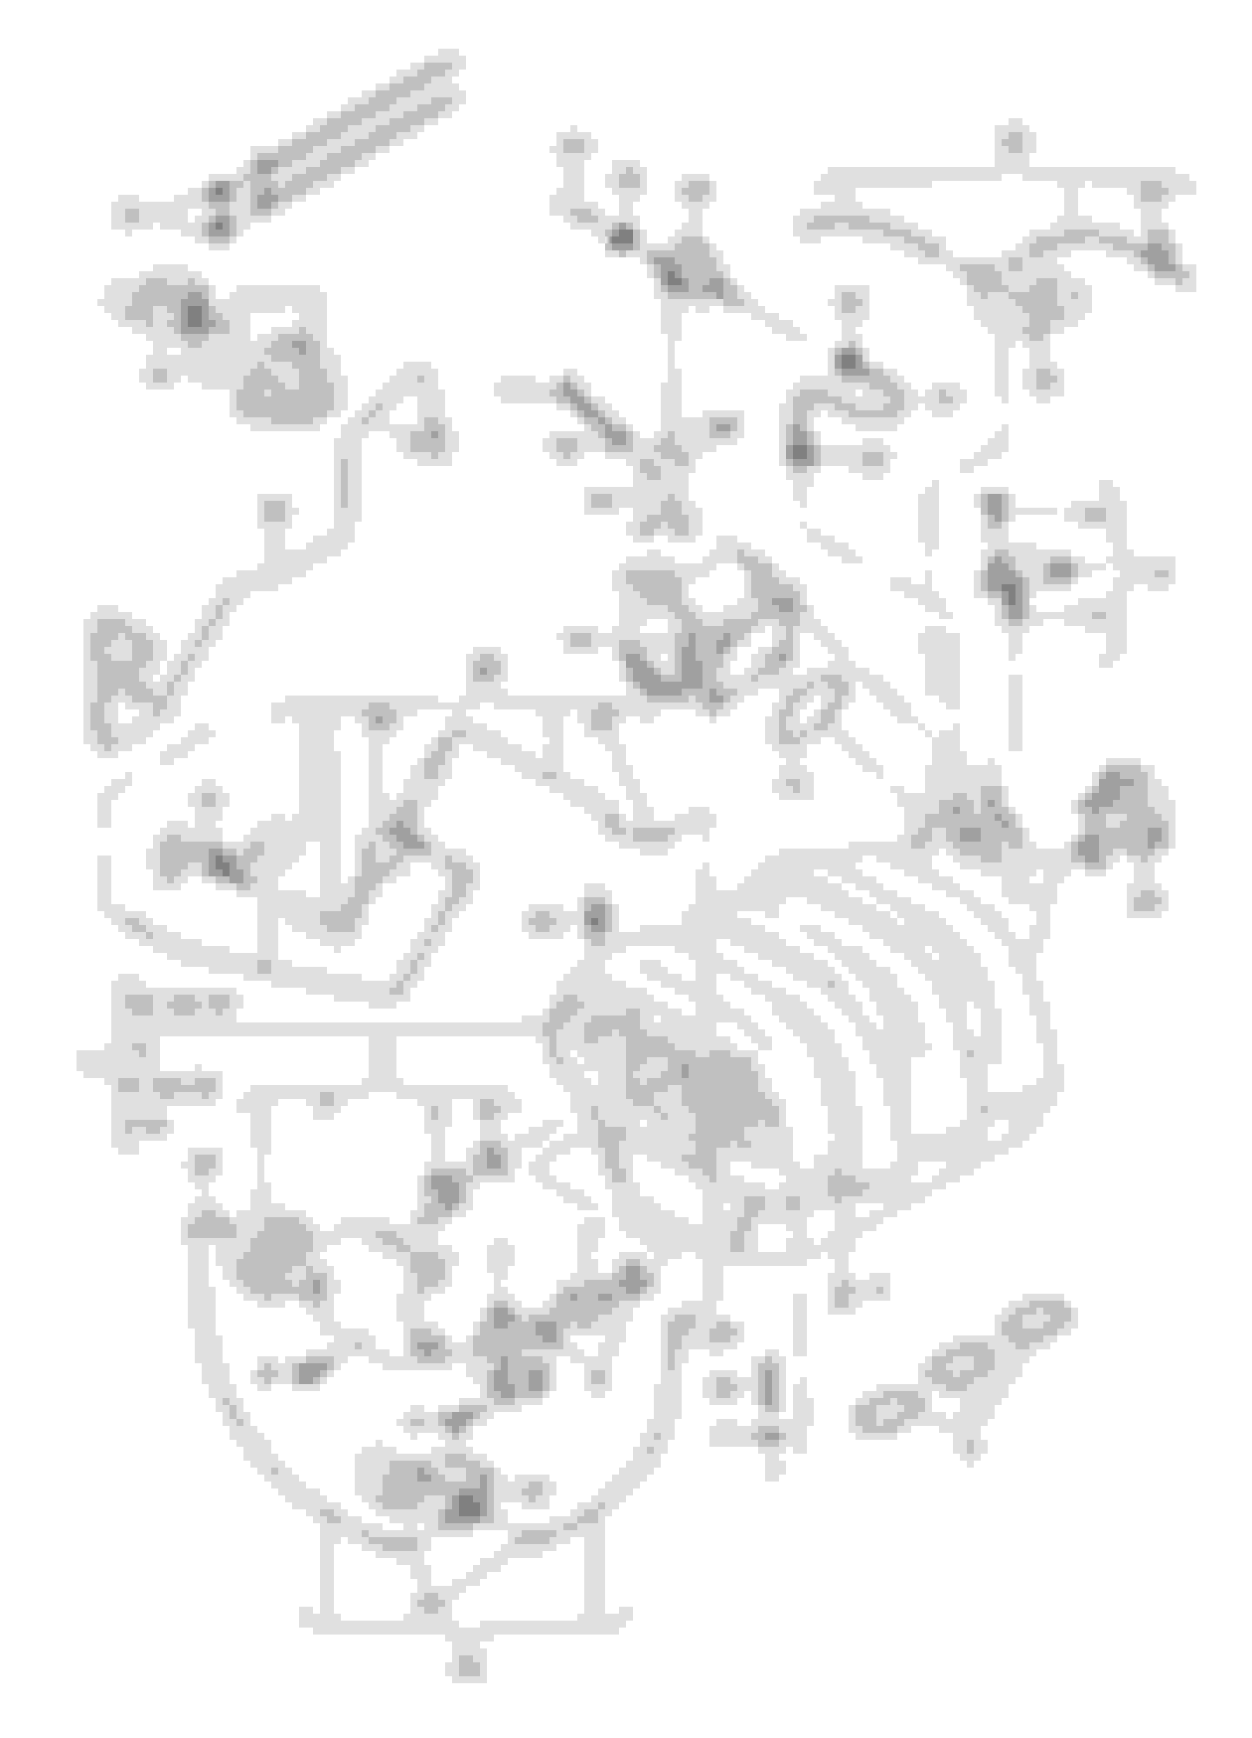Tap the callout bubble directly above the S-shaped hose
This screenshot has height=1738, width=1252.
click(849, 303)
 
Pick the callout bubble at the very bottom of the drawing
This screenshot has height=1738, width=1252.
click(467, 1665)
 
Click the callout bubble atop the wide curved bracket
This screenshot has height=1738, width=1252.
click(1014, 142)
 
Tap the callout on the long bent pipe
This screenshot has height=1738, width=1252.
click(274, 510)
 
